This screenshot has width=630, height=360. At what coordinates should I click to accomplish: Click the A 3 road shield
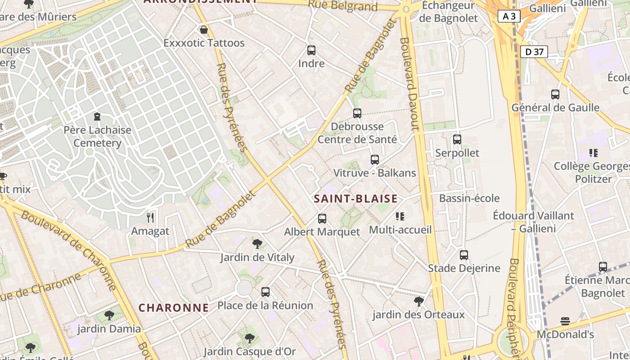509,17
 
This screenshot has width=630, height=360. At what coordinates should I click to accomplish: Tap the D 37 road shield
534,52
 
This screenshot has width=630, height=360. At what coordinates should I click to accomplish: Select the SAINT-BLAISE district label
355,198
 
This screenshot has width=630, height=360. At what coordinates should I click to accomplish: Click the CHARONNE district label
173,308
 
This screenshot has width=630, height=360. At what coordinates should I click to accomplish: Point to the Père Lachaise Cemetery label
97,136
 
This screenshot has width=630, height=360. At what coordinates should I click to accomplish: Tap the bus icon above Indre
311,50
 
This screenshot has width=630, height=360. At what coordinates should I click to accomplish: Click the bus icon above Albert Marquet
322,219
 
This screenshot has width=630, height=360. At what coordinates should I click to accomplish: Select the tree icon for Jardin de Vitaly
257,244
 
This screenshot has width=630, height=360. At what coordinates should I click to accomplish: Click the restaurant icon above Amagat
150,218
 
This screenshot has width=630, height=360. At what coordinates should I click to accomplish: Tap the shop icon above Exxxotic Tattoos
204,30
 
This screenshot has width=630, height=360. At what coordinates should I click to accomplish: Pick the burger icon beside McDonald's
565,321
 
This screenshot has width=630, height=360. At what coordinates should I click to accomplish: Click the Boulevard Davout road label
409,84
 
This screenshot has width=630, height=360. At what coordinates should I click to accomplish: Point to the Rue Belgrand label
343,6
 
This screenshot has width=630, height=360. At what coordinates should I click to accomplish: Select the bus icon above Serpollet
457,139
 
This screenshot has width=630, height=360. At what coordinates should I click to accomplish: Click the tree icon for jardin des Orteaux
418,301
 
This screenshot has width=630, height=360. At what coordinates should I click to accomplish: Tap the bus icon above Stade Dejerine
464,255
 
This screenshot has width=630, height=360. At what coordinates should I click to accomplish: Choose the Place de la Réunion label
265,306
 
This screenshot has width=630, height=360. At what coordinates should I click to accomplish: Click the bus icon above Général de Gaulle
555,94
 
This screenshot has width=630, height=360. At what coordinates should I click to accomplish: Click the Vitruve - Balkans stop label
374,173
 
